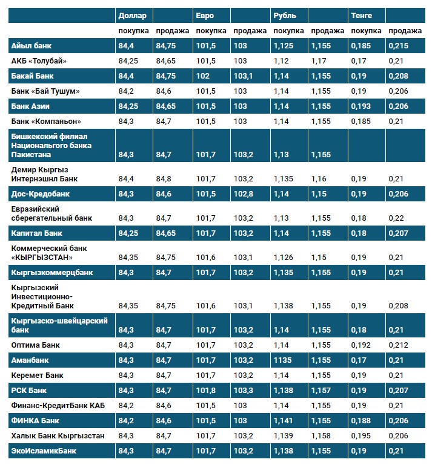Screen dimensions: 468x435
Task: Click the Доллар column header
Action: click(x=131, y=15)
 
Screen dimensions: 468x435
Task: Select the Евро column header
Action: click(x=205, y=15)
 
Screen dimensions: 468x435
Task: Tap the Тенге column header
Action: click(x=361, y=15)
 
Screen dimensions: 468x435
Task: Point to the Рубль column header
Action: click(x=285, y=15)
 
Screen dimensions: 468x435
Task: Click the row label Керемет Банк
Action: click(x=37, y=375)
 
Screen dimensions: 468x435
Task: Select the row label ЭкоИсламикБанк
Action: click(x=44, y=450)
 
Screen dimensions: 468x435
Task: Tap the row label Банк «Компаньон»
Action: click(x=46, y=121)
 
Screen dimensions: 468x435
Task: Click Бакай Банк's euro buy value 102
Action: click(x=204, y=76)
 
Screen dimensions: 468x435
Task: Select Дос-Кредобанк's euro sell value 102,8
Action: click(x=244, y=193)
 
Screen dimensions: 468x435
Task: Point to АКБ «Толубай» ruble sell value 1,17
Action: click(x=319, y=60)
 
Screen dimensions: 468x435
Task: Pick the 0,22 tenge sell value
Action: click(x=396, y=218)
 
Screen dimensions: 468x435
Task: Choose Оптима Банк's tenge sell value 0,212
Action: click(x=397, y=345)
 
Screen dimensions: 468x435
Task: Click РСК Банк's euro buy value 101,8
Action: click(x=206, y=390)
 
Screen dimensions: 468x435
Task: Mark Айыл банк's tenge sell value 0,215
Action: click(x=397, y=45)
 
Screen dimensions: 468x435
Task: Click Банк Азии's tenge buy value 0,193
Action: click(x=361, y=106)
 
